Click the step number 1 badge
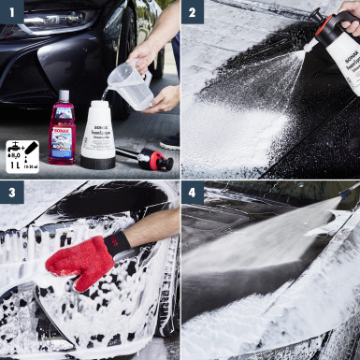coord(11,11)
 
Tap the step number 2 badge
coord(193,11)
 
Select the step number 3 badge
coord(11,193)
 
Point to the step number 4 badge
coord(193,193)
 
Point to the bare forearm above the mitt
coord(154,227)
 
